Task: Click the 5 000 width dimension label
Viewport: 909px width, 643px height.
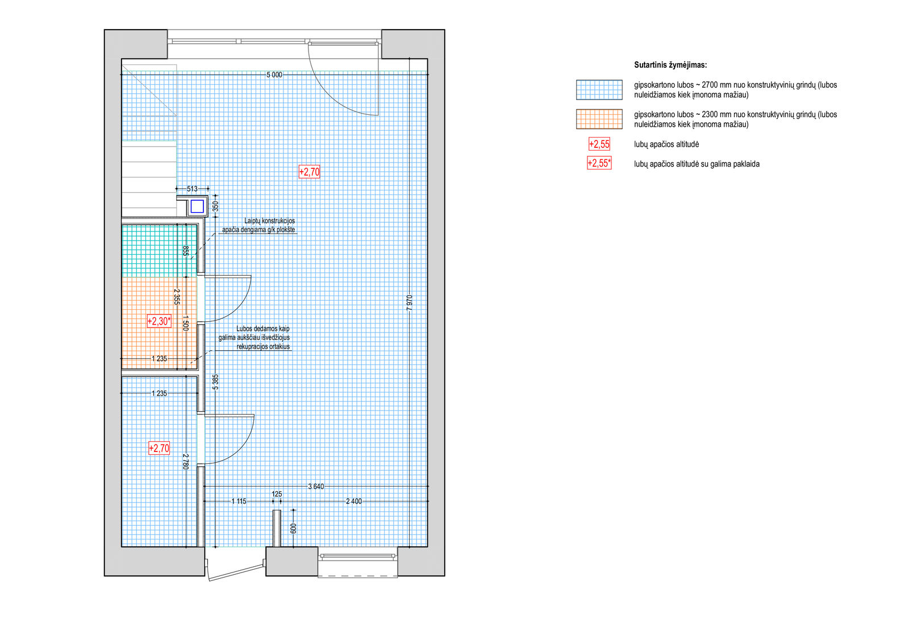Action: click(274, 74)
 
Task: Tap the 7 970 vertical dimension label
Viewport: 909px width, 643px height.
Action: click(410, 303)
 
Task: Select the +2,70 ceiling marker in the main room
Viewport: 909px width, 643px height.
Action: click(309, 172)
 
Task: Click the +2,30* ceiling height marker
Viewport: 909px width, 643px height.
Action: click(159, 321)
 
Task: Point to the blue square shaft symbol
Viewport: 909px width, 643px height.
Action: click(197, 207)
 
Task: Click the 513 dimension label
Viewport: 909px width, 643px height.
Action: click(193, 189)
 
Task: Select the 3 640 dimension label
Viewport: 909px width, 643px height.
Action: click(316, 486)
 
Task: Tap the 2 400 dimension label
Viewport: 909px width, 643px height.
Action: click(354, 501)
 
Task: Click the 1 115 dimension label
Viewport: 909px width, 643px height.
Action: click(239, 501)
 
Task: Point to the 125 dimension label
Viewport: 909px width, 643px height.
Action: click(277, 494)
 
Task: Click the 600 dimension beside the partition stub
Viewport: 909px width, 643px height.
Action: click(293, 529)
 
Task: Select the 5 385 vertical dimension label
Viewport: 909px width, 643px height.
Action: click(215, 382)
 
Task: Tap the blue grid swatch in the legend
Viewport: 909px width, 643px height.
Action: click(599, 90)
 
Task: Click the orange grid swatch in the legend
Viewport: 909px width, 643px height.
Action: click(599, 119)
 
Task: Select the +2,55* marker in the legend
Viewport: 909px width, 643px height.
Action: click(599, 163)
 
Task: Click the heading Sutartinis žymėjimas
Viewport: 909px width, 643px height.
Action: click(670, 65)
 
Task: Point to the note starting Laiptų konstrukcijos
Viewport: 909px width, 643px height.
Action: click(259, 226)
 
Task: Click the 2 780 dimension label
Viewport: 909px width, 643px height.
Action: click(185, 462)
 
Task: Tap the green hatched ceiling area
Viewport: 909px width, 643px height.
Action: click(159, 251)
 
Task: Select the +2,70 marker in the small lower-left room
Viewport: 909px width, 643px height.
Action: click(159, 448)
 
